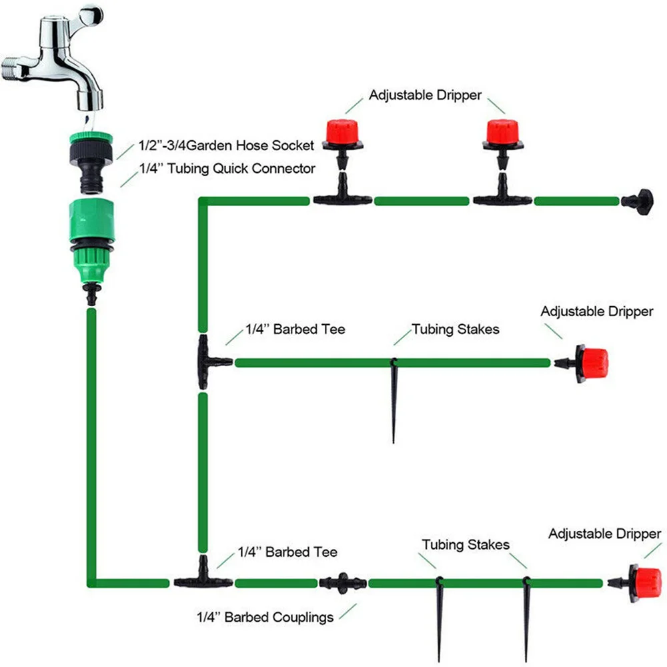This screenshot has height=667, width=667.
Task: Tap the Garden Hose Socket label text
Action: coord(225,145)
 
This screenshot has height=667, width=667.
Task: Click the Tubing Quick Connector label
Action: coord(227,169)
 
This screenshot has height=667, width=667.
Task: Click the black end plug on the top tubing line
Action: coord(638,200)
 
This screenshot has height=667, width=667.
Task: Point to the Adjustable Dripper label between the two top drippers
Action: coord(425,95)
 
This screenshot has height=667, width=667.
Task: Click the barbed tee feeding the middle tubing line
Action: coord(207,362)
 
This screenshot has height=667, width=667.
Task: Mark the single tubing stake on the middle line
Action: coord(394,400)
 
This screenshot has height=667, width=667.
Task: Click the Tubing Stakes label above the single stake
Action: coord(455,329)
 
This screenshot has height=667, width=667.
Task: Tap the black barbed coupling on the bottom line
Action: coord(343,582)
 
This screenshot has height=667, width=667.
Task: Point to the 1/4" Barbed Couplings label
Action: coord(265,618)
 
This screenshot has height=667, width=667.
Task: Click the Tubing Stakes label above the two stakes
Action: coord(465,545)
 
